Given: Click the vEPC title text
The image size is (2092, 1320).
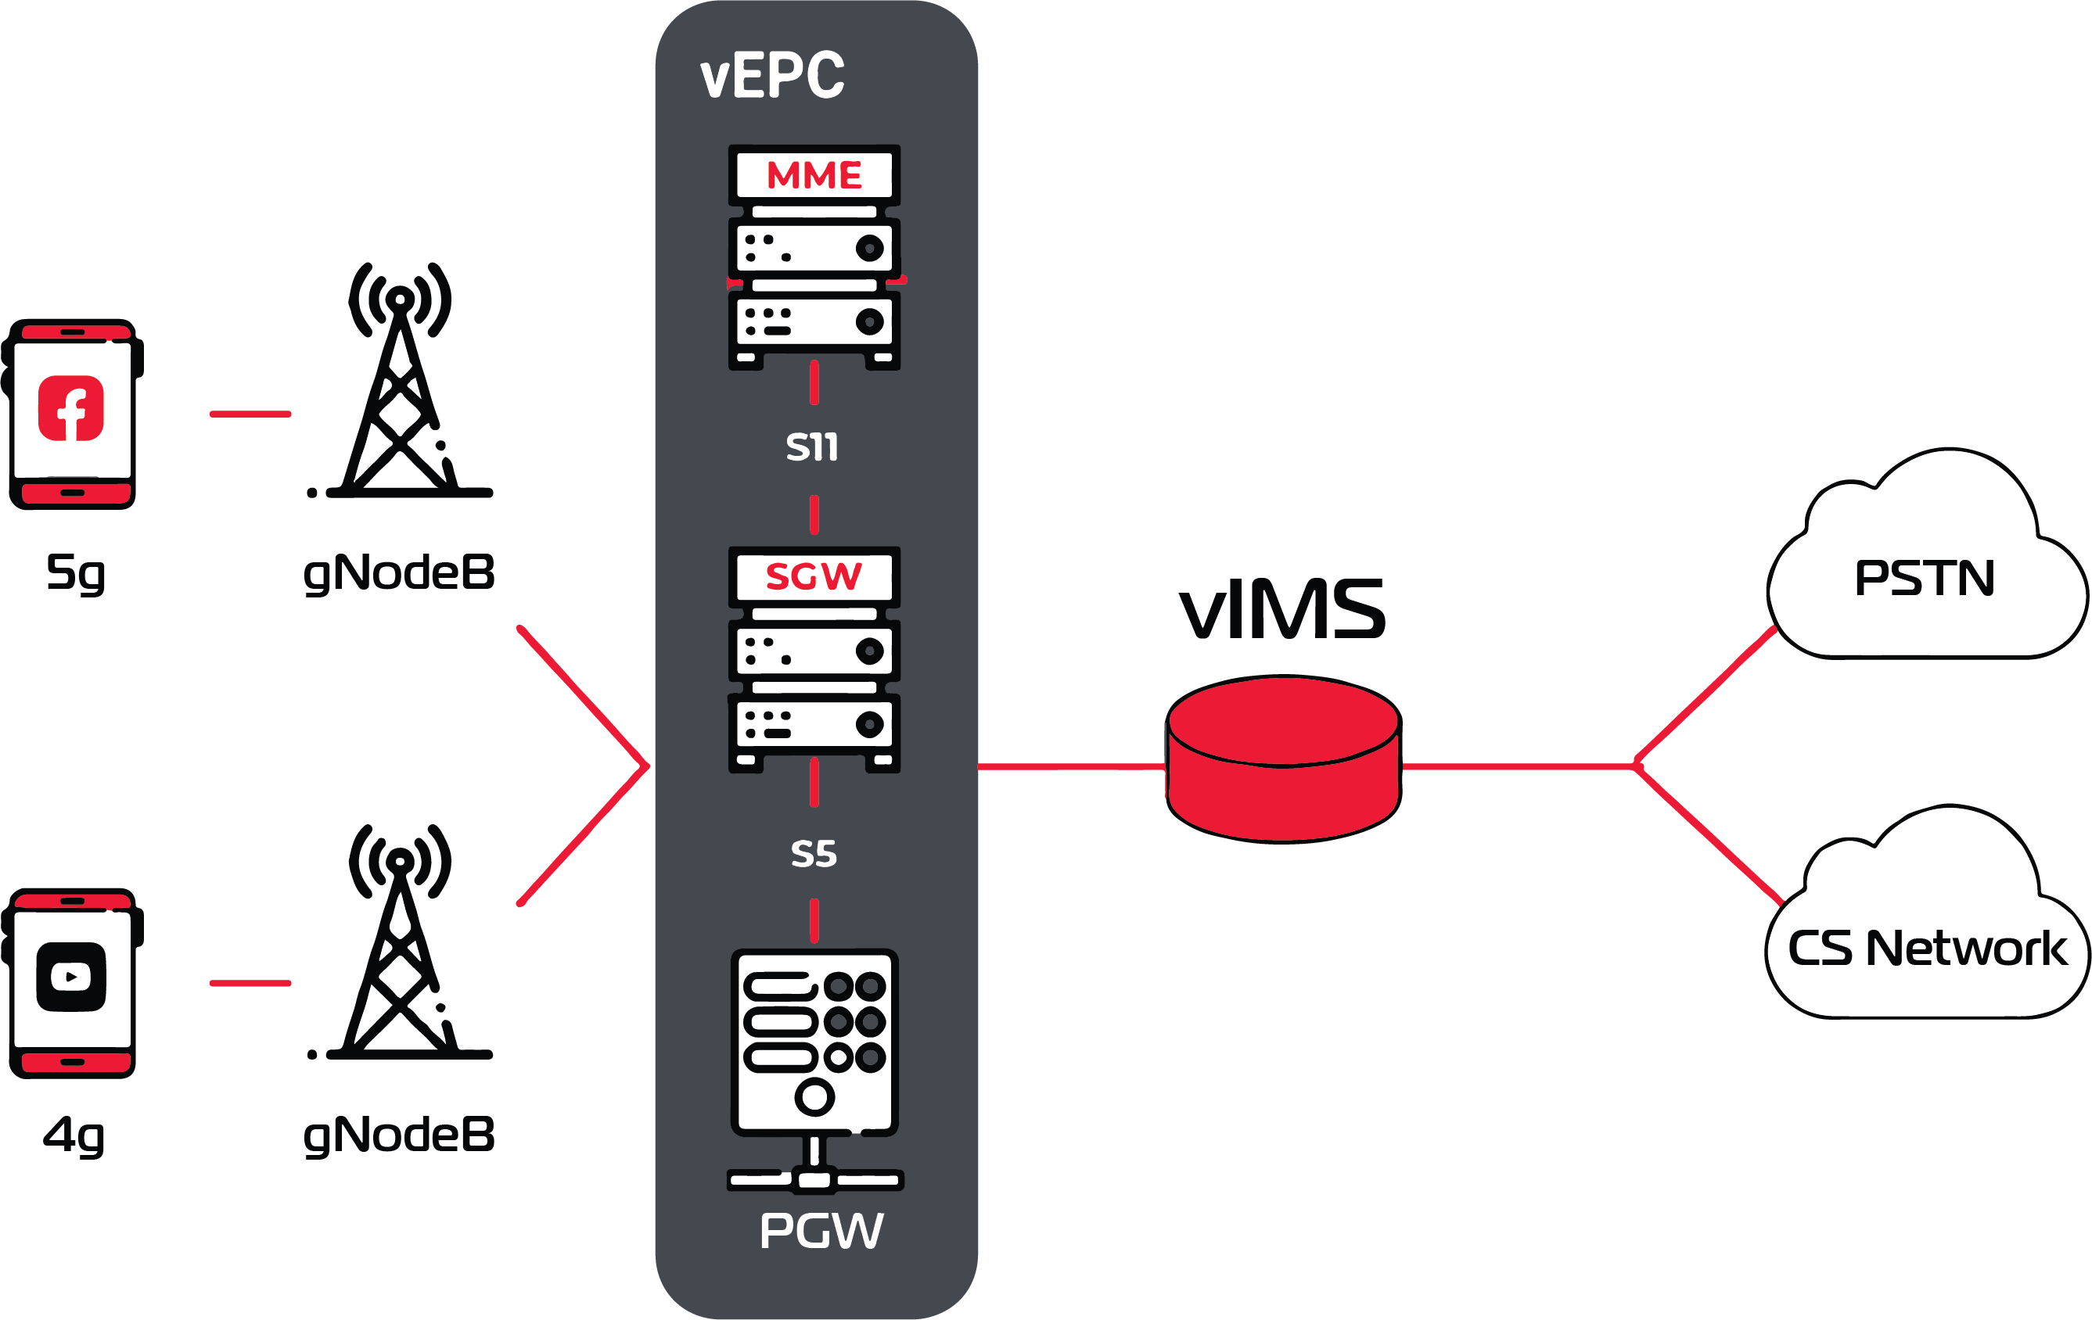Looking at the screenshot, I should [771, 76].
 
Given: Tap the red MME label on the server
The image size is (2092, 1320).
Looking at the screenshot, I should [814, 175].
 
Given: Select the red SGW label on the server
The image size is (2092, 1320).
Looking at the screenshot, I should [814, 576].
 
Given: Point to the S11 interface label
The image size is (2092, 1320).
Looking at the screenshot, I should [812, 447].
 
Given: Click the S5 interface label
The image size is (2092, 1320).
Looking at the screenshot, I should [814, 855].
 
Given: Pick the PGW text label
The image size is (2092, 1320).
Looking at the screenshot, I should [821, 1231].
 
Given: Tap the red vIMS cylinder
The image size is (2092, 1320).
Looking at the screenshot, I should [1283, 760].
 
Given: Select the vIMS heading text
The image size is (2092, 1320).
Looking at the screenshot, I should [1282, 610].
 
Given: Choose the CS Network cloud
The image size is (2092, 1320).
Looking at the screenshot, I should [1926, 946].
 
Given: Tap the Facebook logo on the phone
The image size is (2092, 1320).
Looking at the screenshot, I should [71, 409].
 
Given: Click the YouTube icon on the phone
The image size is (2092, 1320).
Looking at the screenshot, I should [71, 977].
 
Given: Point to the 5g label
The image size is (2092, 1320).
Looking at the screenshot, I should [76, 573].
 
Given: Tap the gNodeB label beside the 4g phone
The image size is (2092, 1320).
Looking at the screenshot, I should [399, 1135].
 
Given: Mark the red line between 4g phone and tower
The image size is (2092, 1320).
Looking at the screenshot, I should [250, 983].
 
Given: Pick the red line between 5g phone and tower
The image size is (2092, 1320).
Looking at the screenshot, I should [250, 414].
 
